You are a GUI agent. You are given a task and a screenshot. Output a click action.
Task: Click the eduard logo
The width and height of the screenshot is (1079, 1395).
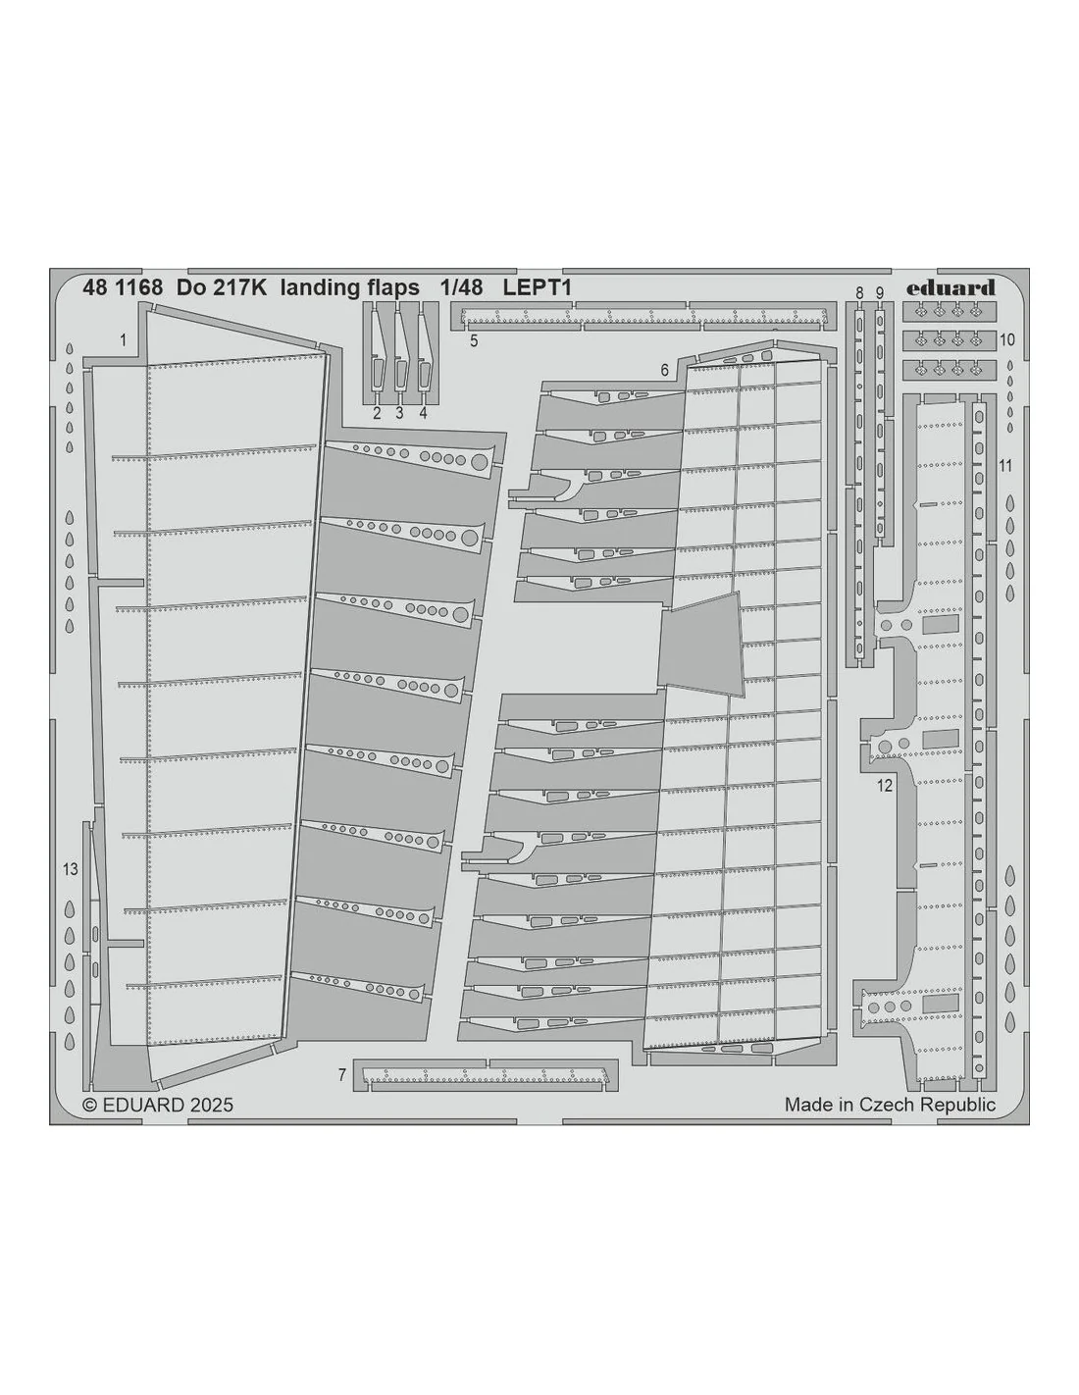coord(950,288)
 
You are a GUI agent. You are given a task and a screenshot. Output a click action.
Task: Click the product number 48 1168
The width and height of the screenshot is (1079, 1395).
coord(123,288)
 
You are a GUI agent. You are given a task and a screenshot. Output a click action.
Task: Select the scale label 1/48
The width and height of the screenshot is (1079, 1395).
coord(461,288)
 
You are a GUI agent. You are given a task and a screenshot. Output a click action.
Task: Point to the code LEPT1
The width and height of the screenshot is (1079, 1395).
coord(537,288)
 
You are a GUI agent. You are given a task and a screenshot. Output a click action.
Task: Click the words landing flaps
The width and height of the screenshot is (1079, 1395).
coord(350,288)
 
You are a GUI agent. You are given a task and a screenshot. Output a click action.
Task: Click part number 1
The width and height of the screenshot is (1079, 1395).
coord(124,340)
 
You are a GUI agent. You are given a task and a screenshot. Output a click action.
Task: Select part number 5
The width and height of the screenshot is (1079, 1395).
coord(474,340)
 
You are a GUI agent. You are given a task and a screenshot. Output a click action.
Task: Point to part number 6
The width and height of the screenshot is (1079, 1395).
coord(664,370)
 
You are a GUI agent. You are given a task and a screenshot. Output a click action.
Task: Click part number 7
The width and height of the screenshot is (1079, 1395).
coord(342,1074)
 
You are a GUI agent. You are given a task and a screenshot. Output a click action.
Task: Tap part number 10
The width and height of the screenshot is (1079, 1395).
coord(1007,339)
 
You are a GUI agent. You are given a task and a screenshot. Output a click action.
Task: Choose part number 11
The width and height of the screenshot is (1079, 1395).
coord(1005,465)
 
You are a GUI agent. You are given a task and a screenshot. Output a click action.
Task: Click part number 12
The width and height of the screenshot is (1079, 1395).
coord(885,785)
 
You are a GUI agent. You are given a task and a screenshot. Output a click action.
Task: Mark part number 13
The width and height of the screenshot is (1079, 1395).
coord(71,869)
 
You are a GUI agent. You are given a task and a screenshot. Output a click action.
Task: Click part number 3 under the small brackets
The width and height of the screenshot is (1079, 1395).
coord(399,413)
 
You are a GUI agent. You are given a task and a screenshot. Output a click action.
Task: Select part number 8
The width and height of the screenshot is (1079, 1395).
coord(859,292)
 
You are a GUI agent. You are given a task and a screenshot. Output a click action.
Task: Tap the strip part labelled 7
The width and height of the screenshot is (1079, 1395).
coord(486,1074)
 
